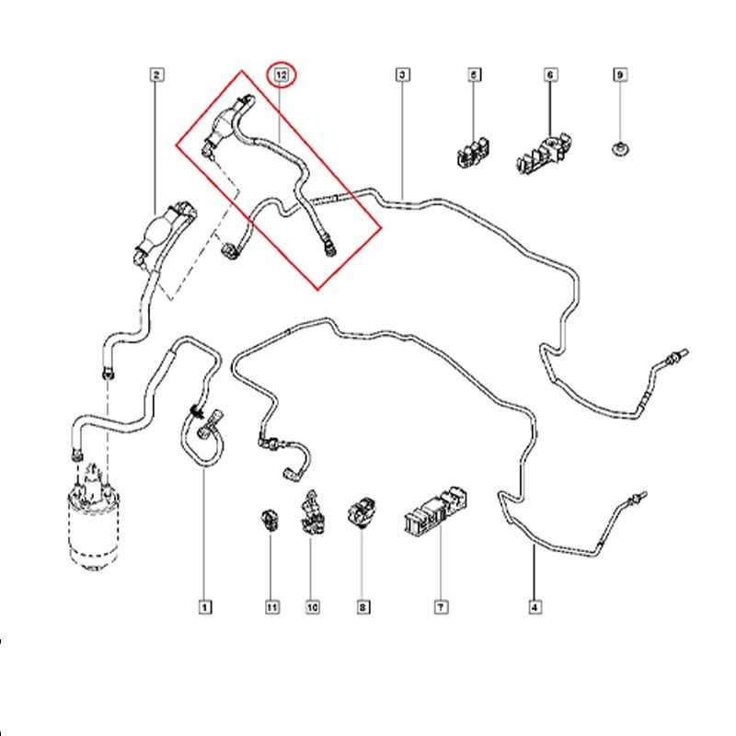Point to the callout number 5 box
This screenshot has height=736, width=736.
click(x=475, y=74)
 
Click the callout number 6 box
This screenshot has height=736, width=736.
click(x=549, y=74)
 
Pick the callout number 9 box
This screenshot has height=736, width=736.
click(x=620, y=74)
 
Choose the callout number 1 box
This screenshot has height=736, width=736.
click(x=203, y=606)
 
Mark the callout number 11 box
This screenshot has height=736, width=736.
click(x=271, y=606)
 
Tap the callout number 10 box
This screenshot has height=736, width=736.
click(x=312, y=606)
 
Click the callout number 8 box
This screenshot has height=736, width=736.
click(x=363, y=606)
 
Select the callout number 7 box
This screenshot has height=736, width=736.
click(x=441, y=606)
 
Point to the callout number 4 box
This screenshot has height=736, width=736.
click(x=535, y=606)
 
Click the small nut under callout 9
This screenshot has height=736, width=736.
click(x=620, y=147)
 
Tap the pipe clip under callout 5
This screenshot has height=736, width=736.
click(x=473, y=151)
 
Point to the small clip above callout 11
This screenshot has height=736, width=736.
click(x=269, y=518)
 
